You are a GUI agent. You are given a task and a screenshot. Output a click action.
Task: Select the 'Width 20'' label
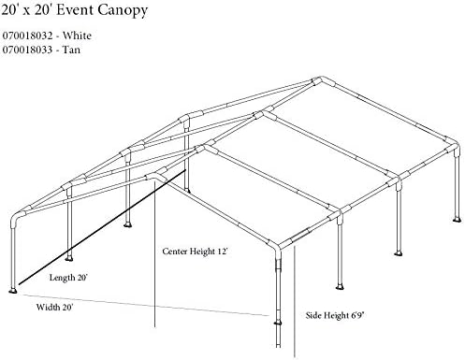click(x=55, y=305)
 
